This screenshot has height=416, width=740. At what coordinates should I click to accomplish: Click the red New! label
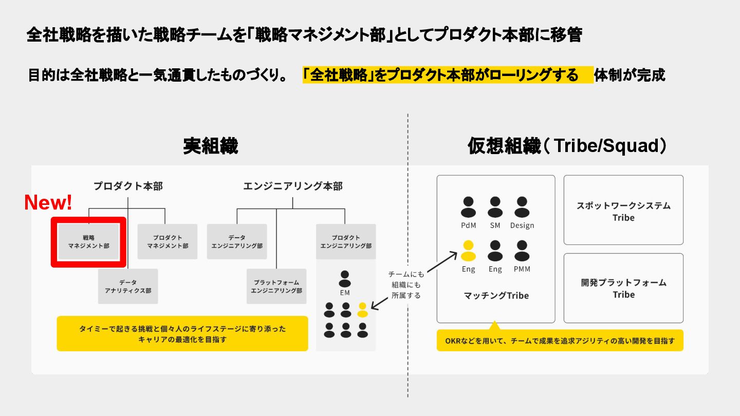click(48, 203)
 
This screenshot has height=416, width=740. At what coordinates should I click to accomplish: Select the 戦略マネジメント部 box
click(88, 242)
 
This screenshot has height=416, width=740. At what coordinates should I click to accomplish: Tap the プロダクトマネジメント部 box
click(168, 241)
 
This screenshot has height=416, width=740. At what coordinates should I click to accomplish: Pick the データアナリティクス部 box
click(128, 286)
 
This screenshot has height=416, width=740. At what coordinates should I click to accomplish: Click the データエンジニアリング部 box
click(237, 241)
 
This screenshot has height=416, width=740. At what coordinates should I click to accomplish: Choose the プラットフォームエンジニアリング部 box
click(276, 286)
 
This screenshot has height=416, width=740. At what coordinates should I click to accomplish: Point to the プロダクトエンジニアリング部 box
click(346, 241)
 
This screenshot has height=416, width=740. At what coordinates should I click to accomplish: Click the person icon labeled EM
click(345, 279)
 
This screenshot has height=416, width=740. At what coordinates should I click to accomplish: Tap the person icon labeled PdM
click(468, 207)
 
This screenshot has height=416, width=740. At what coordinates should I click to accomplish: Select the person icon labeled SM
click(495, 207)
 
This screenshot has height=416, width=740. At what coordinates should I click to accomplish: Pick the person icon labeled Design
click(522, 207)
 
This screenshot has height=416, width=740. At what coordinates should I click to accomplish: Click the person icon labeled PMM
click(522, 251)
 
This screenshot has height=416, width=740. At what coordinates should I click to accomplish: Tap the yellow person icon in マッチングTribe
click(468, 251)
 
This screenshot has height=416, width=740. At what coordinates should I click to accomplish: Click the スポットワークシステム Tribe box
click(623, 210)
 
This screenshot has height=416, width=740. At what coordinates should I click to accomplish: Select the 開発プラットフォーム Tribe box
click(623, 288)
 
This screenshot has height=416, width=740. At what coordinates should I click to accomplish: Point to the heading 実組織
click(211, 146)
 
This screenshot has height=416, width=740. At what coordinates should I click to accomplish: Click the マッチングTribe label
click(496, 295)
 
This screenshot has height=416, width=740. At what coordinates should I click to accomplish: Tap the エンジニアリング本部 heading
click(293, 186)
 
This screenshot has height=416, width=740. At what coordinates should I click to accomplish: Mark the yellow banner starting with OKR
click(560, 341)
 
